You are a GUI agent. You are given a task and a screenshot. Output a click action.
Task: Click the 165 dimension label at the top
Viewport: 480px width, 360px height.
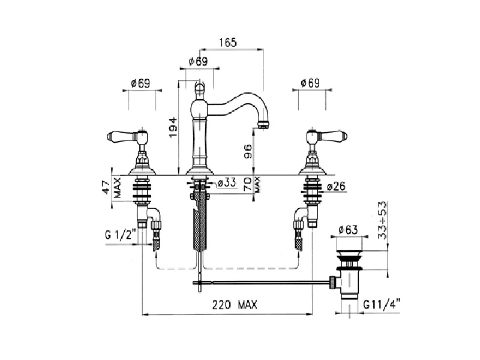[228, 43]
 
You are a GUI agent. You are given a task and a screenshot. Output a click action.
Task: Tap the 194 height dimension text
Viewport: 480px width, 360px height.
[173, 127]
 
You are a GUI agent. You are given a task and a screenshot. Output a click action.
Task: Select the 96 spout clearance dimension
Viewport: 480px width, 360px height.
[248, 151]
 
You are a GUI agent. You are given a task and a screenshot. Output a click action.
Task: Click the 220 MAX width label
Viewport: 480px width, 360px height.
[235, 305]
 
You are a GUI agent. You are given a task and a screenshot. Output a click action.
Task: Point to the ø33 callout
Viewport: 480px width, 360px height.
[227, 183]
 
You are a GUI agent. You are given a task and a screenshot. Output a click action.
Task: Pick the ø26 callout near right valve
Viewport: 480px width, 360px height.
[336, 186]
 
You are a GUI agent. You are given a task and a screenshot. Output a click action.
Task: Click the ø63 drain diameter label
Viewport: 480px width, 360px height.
[349, 230]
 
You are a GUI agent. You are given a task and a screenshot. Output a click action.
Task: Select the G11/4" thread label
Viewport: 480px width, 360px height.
[382, 305]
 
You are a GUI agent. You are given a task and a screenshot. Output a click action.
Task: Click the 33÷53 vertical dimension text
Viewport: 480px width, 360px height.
[382, 220]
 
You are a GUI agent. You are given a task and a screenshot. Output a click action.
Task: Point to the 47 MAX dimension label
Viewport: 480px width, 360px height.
[112, 187]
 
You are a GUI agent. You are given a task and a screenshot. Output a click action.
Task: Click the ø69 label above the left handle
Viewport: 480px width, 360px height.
[140, 83]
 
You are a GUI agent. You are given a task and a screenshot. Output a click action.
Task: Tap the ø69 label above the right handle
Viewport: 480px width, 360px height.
[310, 83]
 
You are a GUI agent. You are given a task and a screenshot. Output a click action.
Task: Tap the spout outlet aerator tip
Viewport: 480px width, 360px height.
[263, 124]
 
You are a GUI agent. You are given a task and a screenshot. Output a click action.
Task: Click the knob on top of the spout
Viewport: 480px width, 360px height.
[199, 89]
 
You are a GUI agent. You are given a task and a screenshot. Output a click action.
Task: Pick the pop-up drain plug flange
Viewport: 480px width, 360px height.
[349, 252]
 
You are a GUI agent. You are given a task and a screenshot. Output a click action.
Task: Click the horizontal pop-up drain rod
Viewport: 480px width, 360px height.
[263, 282]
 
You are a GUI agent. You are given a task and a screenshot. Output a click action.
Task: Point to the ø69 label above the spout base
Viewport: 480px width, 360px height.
[199, 62]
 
